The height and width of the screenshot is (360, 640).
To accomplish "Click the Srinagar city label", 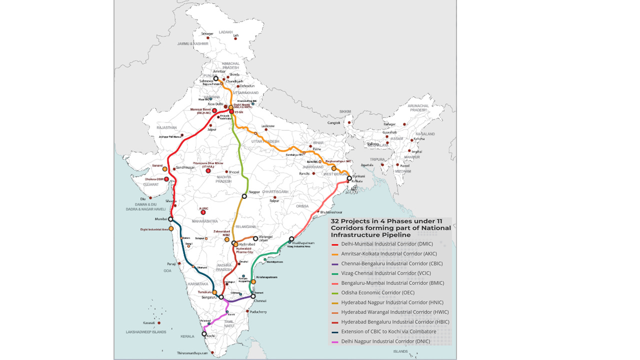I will click(x=207, y=34).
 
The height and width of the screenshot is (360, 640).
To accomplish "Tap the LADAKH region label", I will click(x=226, y=32).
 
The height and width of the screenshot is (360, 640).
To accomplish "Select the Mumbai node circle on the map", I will click(x=170, y=219).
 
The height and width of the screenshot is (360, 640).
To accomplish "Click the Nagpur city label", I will click(x=254, y=192).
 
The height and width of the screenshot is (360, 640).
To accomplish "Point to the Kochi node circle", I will click(x=204, y=334).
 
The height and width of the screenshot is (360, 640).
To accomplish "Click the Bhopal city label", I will click(x=234, y=172).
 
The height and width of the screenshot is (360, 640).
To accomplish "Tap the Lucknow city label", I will click(x=268, y=126).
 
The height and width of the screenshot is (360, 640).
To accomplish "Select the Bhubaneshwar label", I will click(x=331, y=212).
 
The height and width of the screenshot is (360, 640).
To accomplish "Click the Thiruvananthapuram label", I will click(x=192, y=353).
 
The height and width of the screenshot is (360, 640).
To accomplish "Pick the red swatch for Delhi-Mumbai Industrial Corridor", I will click(x=335, y=244).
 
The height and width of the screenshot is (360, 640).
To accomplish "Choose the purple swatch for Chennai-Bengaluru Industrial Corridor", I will click(x=335, y=264).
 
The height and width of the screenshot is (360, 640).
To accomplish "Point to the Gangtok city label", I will click(x=334, y=122).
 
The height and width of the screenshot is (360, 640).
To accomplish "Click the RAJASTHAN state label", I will click(x=166, y=127).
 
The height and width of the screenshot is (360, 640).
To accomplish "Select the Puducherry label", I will click(x=257, y=312).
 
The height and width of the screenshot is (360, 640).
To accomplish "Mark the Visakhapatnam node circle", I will click(x=291, y=239).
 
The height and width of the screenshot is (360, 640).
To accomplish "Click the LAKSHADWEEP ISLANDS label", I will click(x=146, y=332).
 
